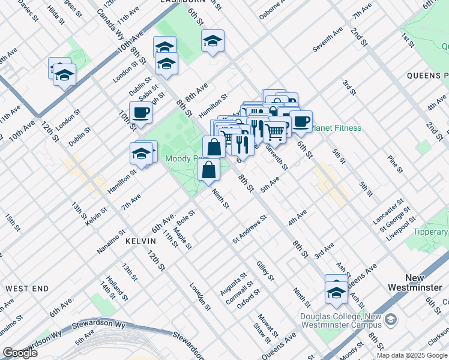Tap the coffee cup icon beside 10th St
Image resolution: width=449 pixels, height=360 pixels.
(140, 112)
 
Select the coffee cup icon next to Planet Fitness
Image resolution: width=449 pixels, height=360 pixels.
(301, 121)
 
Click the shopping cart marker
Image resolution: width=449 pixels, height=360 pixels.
(275, 131)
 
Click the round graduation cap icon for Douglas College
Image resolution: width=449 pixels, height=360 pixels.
(391, 319)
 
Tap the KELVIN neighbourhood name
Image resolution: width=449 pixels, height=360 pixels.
(140, 241)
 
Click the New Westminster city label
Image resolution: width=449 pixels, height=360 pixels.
(424, 283)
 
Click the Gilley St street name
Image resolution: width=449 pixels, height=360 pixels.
(265, 271)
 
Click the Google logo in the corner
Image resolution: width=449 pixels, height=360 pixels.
(20, 353)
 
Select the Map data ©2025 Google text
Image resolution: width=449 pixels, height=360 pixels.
(411, 355)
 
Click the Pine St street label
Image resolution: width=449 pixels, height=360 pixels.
(394, 164)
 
